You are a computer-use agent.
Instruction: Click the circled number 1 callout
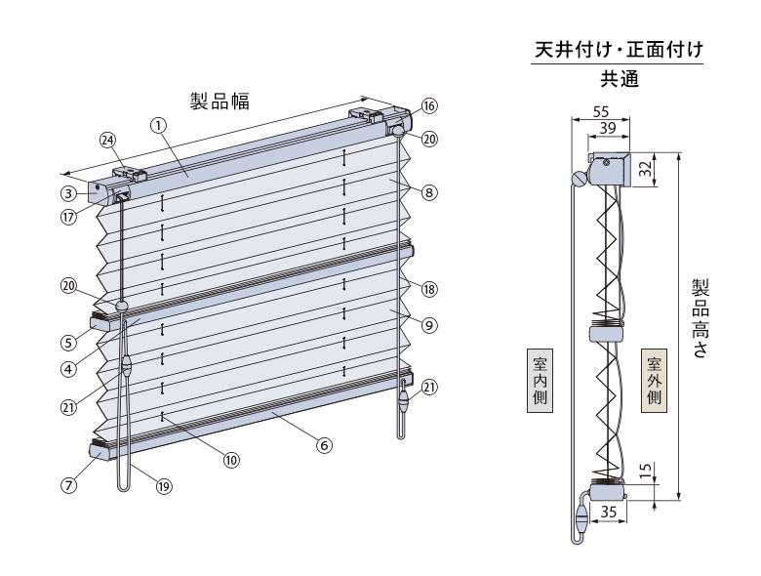pyautogui.click(x=158, y=125)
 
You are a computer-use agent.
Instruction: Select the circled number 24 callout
pyautogui.click(x=108, y=141)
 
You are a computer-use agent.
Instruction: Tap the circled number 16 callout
pyautogui.click(x=429, y=105)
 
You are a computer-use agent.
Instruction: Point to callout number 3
pyautogui.click(x=69, y=193)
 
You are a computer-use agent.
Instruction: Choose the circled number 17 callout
pyautogui.click(x=69, y=217)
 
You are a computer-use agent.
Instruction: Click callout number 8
pyautogui.click(x=429, y=192)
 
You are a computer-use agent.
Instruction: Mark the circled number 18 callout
pyautogui.click(x=429, y=289)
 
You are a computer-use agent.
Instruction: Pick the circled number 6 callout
pyautogui.click(x=324, y=445)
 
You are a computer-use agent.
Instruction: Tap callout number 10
pyautogui.click(x=231, y=460)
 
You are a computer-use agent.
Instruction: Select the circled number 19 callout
pyautogui.click(x=164, y=486)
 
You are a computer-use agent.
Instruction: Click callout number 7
pyautogui.click(x=69, y=484)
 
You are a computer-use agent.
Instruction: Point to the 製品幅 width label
pyautogui.click(x=220, y=102)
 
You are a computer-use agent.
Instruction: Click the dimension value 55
pyautogui.click(x=601, y=111)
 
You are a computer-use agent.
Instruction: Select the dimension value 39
pyautogui.click(x=608, y=128)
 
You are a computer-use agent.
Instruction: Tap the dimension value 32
pyautogui.click(x=645, y=169)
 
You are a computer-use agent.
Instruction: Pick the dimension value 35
pyautogui.click(x=609, y=512)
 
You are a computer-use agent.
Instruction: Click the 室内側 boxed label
pyautogui.click(x=541, y=381)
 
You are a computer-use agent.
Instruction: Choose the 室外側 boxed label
pyautogui.click(x=655, y=381)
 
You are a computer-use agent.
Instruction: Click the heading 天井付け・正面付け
pyautogui.click(x=619, y=50)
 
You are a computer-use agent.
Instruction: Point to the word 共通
pyautogui.click(x=620, y=79)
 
